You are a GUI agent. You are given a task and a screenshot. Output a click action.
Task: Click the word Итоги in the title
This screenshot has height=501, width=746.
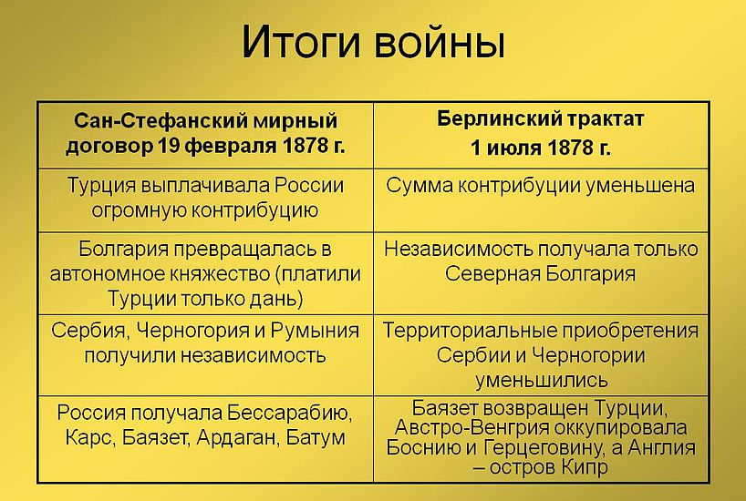click(x=302, y=43)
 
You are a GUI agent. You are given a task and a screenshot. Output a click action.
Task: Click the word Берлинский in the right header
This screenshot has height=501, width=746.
click(x=494, y=118)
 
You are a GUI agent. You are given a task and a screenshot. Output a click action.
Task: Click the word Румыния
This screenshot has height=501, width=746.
click(x=315, y=331)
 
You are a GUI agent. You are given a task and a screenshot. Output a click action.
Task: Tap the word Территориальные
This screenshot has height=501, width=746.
click(x=469, y=331)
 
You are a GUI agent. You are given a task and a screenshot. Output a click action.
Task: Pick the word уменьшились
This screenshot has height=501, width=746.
click(x=542, y=380)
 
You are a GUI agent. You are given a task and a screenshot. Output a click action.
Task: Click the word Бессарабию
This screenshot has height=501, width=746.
click(x=289, y=413)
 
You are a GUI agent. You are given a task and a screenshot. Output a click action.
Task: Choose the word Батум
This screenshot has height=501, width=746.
click(x=316, y=438)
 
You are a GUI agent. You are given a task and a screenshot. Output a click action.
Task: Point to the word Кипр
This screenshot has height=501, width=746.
click(x=585, y=467)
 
